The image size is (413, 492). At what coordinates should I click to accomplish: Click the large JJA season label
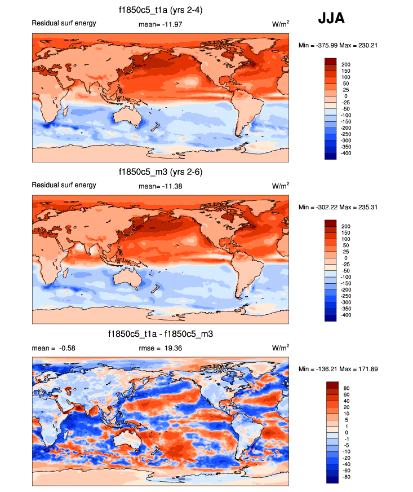(331, 19)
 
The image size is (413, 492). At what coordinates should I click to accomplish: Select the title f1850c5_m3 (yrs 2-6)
(161, 172)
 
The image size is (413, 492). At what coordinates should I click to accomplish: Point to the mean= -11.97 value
(160, 24)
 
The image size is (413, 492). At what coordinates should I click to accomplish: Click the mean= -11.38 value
(160, 186)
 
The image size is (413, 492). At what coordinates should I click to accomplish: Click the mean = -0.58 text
(54, 348)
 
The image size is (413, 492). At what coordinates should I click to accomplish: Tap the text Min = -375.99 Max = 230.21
(334, 45)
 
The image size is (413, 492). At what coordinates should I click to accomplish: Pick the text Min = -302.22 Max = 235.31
(334, 207)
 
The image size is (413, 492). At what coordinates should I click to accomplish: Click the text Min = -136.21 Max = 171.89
(334, 368)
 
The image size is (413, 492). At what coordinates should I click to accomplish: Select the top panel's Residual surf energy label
(64, 23)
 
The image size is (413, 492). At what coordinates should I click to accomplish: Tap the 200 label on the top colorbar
(345, 64)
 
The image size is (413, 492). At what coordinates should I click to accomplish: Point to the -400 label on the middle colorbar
(345, 315)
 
